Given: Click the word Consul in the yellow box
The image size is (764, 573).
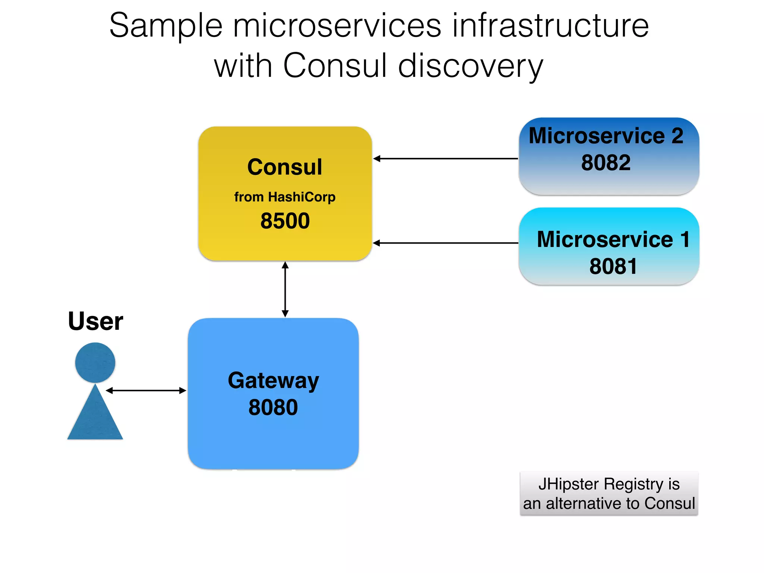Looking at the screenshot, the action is point(285,167).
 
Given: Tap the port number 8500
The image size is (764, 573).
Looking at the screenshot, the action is point(285,220).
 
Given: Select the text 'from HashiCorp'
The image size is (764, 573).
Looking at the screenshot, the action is point(285,197).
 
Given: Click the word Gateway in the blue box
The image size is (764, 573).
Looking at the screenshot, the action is point(273,381).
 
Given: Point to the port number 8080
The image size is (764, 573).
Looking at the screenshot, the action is point(273,407).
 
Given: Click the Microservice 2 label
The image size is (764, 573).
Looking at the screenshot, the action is point(606,135).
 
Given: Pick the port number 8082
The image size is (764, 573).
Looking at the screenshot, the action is point(606,163).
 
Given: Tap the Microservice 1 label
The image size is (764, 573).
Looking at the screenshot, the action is point(613,239).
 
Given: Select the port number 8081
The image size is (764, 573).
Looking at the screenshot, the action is point(613,266).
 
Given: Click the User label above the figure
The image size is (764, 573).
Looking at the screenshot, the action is point(95,321).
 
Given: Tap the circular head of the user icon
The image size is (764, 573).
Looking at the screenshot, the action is point(95,363).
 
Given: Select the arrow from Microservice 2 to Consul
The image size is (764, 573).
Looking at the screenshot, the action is point(446,159).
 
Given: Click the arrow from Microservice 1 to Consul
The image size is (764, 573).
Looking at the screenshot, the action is point(446,243).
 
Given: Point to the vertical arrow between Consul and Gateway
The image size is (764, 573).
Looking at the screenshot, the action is point(285,289).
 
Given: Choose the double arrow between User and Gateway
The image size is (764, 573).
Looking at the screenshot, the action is point(146,391).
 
